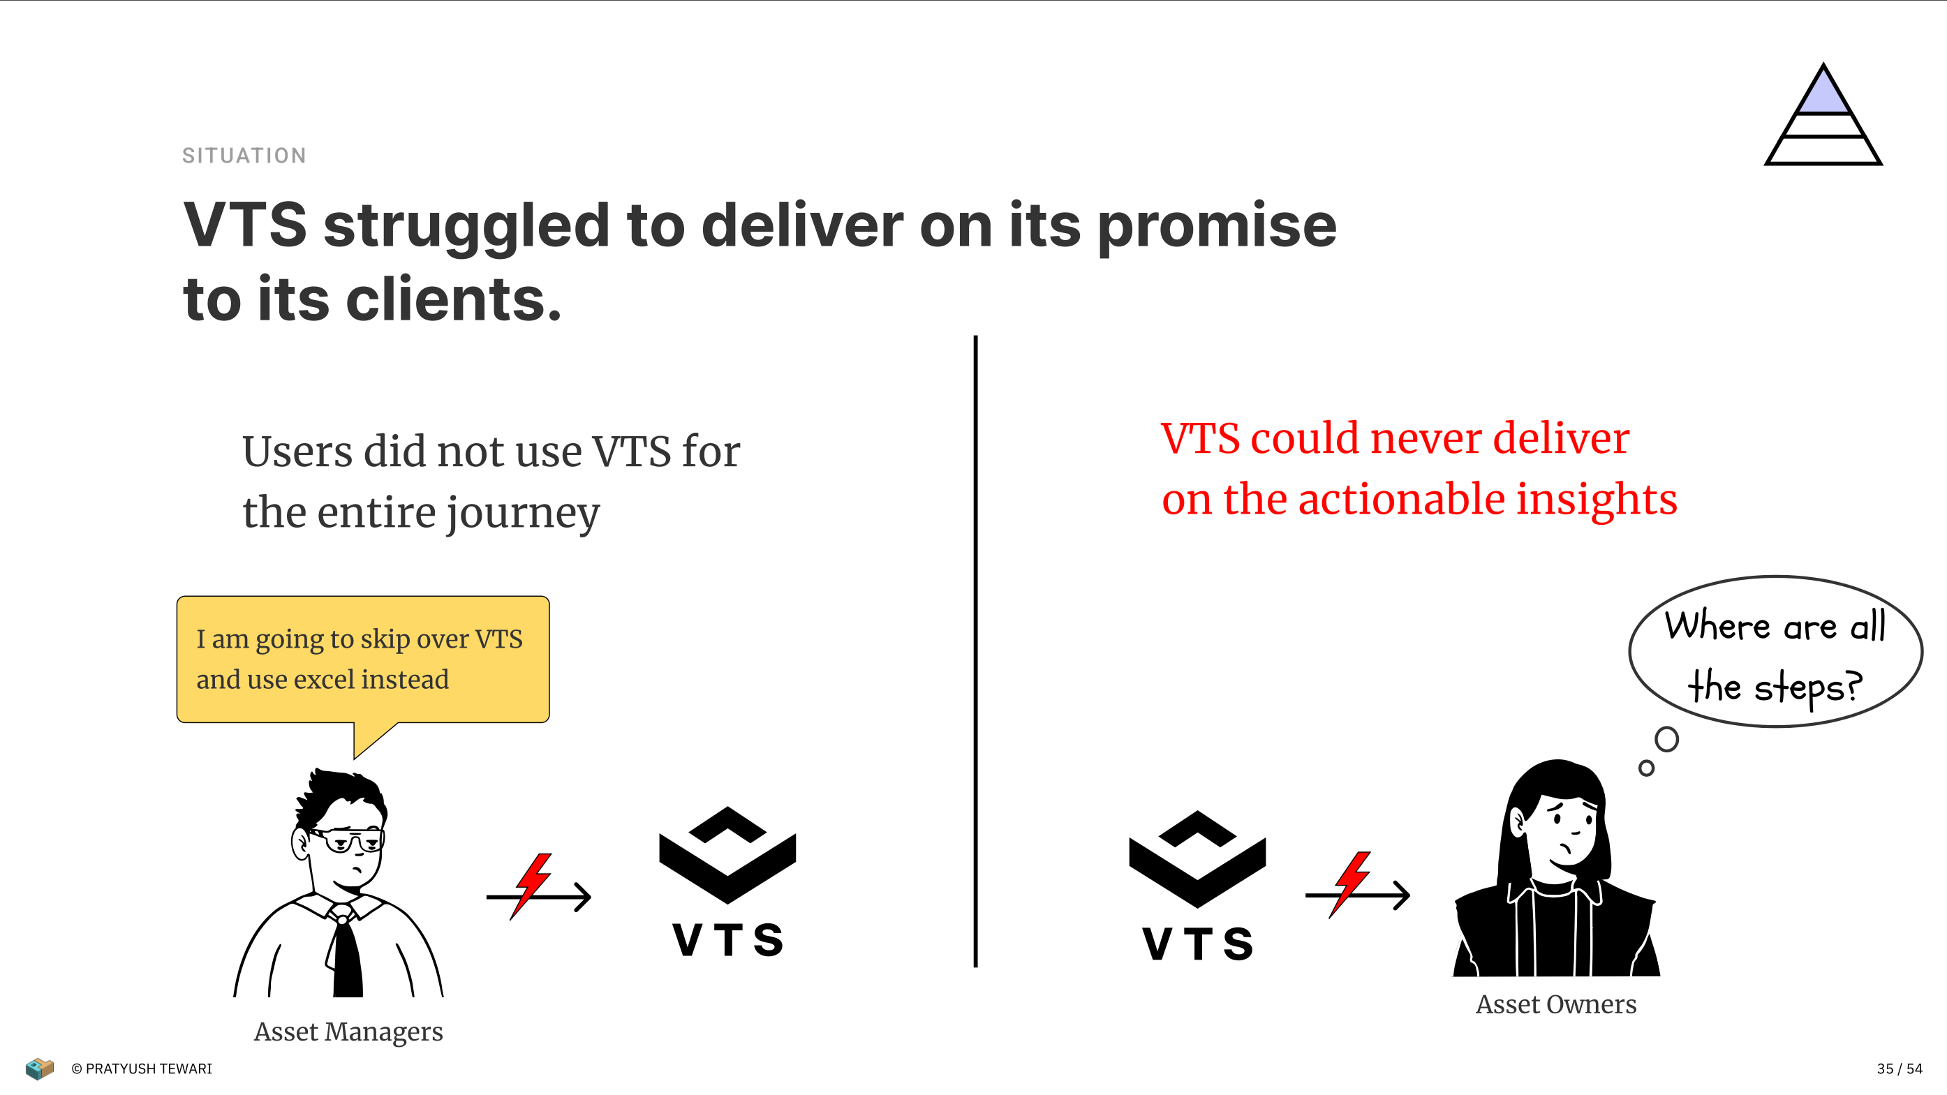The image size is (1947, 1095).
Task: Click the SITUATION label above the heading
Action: pyautogui.click(x=244, y=156)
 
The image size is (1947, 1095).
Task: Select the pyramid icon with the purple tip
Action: pyautogui.click(x=1823, y=114)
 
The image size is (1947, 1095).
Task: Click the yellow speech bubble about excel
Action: pyautogui.click(x=363, y=660)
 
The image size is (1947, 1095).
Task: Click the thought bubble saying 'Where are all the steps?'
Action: pyautogui.click(x=1775, y=652)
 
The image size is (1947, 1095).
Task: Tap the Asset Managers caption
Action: pyautogui.click(x=348, y=1032)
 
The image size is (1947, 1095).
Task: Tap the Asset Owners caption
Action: pyautogui.click(x=1556, y=1004)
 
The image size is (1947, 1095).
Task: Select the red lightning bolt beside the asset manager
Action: pyautogui.click(x=532, y=886)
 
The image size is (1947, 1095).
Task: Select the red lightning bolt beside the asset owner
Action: pyautogui.click(x=1351, y=884)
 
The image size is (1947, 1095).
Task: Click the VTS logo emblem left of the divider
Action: pyautogui.click(x=727, y=855)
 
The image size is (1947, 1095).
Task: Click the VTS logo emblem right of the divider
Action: pyautogui.click(x=1197, y=859)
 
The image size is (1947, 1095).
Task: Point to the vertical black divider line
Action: pyautogui.click(x=976, y=650)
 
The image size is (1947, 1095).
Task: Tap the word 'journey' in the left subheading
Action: pyautogui.click(x=523, y=514)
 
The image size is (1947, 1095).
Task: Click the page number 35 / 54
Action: pyautogui.click(x=1900, y=1068)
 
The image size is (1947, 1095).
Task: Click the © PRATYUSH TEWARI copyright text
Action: pyautogui.click(x=141, y=1068)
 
